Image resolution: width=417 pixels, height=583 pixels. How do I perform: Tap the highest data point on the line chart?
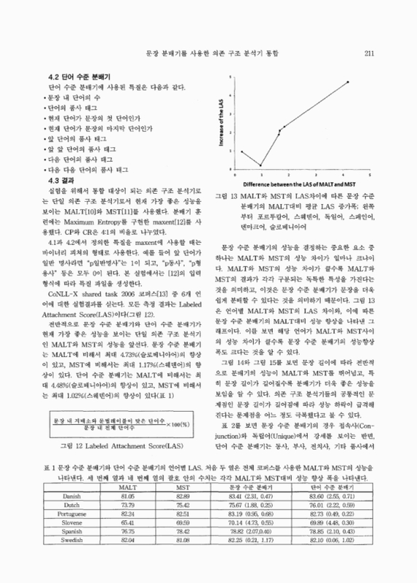click(348, 82)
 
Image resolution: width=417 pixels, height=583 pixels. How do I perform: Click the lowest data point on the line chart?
click(261, 165)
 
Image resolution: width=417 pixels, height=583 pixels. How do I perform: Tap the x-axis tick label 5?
click(370, 176)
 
